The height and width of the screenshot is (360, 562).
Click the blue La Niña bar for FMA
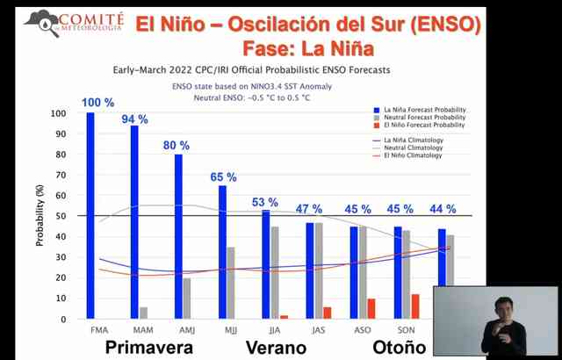[90, 215]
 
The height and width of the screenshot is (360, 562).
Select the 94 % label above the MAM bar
[135, 119]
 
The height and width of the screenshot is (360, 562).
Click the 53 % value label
[266, 204]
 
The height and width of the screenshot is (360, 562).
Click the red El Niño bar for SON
[415, 306]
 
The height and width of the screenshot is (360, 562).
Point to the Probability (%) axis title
[40, 216]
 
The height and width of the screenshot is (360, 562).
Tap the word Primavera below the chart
[148, 348]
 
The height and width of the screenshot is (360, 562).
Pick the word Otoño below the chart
[398, 348]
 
